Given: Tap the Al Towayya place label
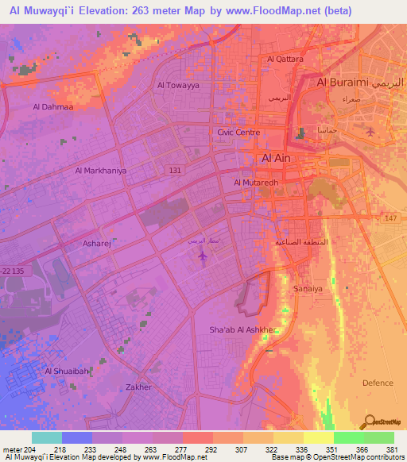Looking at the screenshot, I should pyautogui.click(x=177, y=84).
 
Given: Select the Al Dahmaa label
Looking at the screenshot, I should pyautogui.click(x=52, y=106).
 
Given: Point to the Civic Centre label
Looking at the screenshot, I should pyautogui.click(x=238, y=133).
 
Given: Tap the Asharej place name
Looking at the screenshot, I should pyautogui.click(x=97, y=244).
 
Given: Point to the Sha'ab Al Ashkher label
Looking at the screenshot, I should pyautogui.click(x=242, y=329).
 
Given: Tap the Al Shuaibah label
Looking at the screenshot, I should pyautogui.click(x=66, y=371).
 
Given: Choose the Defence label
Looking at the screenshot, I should pyautogui.click(x=378, y=383).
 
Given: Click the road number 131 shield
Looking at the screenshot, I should pyautogui.click(x=175, y=170).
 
